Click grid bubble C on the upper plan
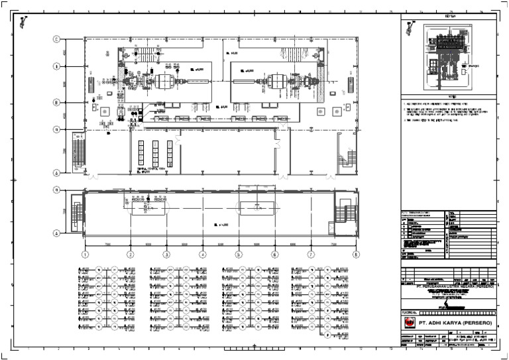tap(58, 39)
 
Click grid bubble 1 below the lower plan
tap(85, 254)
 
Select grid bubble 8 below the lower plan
tap(356, 254)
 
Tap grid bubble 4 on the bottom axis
tap(201, 254)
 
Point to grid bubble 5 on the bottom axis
tap(238, 254)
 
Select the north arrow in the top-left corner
tap(24, 23)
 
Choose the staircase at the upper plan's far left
tap(77, 152)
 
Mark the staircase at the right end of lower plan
tap(344, 210)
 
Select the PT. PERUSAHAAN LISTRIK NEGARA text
tap(448, 288)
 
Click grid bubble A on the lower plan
tap(58, 233)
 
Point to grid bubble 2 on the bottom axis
tap(131, 254)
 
